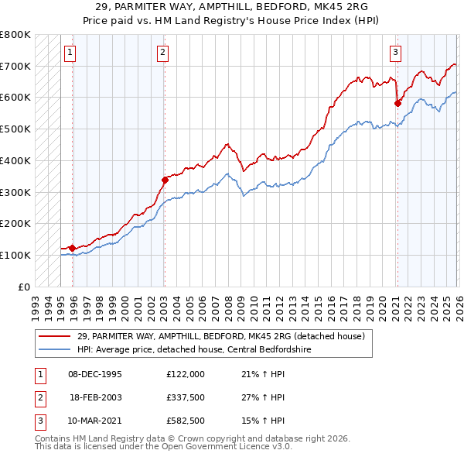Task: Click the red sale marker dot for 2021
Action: [x=397, y=102]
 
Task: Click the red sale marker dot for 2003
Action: [x=165, y=180]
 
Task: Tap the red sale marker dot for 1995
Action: [x=72, y=248]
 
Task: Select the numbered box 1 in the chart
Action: [x=70, y=53]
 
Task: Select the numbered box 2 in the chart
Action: [x=163, y=53]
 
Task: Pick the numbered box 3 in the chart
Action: [x=395, y=53]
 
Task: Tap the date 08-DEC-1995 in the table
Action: [x=94, y=373]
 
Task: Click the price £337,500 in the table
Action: [x=185, y=397]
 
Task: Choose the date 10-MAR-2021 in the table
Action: [x=94, y=421]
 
